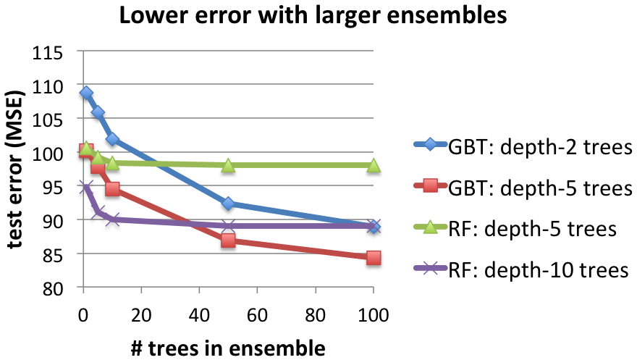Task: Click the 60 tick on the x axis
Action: click(257, 316)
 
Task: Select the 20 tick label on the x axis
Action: click(142, 316)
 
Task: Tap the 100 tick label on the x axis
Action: click(374, 316)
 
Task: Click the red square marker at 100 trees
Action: click(374, 257)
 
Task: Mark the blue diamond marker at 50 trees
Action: click(229, 204)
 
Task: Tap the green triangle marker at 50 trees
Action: click(229, 165)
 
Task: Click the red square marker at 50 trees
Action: click(229, 240)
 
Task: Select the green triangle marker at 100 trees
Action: click(374, 165)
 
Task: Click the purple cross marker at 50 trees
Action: click(229, 226)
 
